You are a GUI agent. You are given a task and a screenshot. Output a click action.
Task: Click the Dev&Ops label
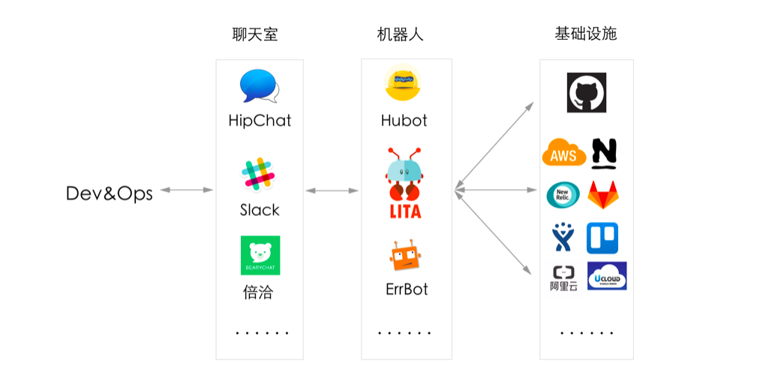pyautogui.click(x=110, y=193)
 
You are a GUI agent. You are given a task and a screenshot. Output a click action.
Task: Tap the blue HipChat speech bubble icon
pyautogui.click(x=259, y=86)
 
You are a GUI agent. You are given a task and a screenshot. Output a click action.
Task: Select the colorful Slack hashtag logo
pyautogui.click(x=258, y=175)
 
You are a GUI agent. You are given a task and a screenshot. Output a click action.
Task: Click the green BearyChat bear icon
pyautogui.click(x=260, y=255)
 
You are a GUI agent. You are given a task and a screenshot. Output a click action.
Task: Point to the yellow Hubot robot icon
pyautogui.click(x=403, y=82)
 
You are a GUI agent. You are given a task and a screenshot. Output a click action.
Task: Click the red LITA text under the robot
pyautogui.click(x=405, y=211)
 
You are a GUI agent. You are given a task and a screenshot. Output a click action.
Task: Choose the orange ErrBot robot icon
pyautogui.click(x=405, y=256)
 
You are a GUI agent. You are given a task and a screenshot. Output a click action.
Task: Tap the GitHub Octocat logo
pyautogui.click(x=586, y=92)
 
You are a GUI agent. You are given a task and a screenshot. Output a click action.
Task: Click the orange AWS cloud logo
pyautogui.click(x=563, y=152)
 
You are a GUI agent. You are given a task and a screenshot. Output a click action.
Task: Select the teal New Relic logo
pyautogui.click(x=563, y=195)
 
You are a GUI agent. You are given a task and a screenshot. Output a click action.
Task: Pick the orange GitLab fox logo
pyautogui.click(x=603, y=195)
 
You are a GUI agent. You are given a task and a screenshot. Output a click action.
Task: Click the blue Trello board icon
pyautogui.click(x=602, y=238)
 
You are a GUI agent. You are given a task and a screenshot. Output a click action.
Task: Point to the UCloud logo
pyautogui.click(x=607, y=276)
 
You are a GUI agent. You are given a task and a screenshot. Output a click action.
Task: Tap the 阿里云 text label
pyautogui.click(x=563, y=286)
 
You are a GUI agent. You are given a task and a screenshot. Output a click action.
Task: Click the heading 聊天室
pyautogui.click(x=255, y=34)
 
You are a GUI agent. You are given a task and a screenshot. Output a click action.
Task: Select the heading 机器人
pyautogui.click(x=400, y=34)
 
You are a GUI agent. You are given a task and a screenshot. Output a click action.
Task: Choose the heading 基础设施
pyautogui.click(x=586, y=34)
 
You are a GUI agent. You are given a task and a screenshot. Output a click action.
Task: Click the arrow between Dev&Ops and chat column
pyautogui.click(x=187, y=190)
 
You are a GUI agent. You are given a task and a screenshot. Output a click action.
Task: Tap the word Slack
pyautogui.click(x=260, y=210)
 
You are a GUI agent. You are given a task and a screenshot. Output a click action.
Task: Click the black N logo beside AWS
pyautogui.click(x=604, y=154)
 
